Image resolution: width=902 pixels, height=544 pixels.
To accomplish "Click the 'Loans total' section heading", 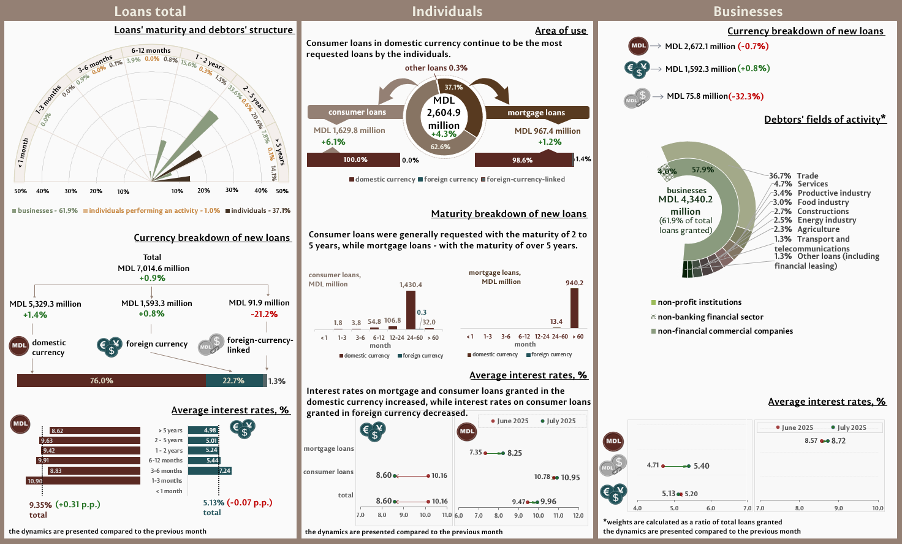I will click(x=150, y=11).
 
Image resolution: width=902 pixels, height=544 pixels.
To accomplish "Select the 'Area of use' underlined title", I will click(x=561, y=31).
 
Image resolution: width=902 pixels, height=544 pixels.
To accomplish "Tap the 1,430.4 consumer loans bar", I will click(x=411, y=310).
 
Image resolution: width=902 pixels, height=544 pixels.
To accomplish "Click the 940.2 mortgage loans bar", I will click(x=574, y=308).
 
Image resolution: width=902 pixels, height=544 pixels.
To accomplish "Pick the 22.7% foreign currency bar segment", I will click(x=233, y=381).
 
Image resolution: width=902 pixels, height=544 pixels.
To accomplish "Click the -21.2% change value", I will click(x=264, y=314).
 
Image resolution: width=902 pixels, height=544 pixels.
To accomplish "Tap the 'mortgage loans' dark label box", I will click(x=536, y=113).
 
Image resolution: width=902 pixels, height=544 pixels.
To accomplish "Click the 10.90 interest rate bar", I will click(x=83, y=481).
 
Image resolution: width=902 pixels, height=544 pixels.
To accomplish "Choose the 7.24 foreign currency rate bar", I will click(x=209, y=470).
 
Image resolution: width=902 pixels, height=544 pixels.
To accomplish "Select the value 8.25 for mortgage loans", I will click(x=515, y=453).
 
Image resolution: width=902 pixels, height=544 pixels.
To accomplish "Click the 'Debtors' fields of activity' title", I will click(x=825, y=119).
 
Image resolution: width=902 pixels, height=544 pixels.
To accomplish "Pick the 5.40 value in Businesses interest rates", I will click(x=702, y=466).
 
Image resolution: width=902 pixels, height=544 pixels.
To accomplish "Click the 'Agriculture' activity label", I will click(x=818, y=229).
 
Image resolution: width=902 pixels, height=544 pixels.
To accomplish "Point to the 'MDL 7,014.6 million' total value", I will click(x=153, y=268).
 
